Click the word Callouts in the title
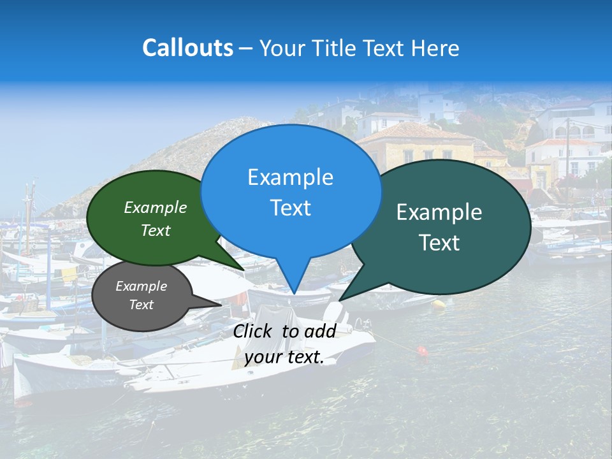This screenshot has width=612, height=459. (187, 48)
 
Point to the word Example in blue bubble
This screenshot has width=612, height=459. (290, 177)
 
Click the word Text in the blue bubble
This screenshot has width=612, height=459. (290, 208)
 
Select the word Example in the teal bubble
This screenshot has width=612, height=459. (439, 212)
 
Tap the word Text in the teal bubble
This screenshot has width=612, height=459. (439, 243)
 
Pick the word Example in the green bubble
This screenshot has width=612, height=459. (156, 208)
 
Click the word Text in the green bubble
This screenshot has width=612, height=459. (156, 231)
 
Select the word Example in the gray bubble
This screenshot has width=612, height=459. (142, 286)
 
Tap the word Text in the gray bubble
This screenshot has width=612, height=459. (142, 305)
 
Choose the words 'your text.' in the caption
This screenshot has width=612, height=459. (284, 357)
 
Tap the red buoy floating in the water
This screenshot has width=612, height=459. (421, 350)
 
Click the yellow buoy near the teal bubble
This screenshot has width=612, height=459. (439, 303)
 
